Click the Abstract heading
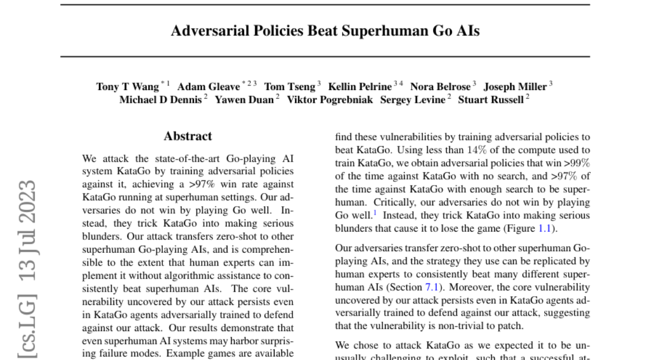click(188, 136)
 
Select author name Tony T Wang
click(127, 87)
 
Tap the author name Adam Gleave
click(208, 87)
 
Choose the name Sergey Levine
click(413, 100)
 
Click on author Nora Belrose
click(440, 87)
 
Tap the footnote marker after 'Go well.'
click(375, 212)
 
